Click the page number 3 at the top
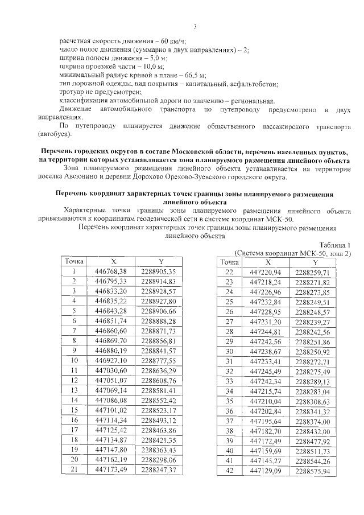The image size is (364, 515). click(195, 26)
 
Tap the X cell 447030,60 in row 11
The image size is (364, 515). click(111, 370)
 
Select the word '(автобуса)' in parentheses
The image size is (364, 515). click(55, 134)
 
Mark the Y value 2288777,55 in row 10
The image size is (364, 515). click(159, 360)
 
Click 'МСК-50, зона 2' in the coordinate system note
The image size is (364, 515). click(323, 253)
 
